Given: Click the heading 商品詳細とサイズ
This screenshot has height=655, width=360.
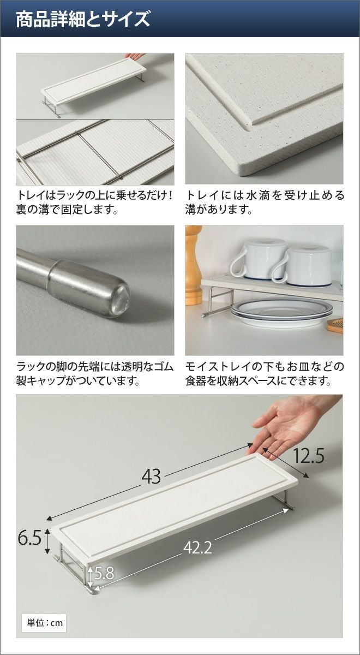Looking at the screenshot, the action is tap(83, 19).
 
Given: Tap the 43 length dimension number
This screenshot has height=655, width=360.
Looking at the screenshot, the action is tap(151, 477).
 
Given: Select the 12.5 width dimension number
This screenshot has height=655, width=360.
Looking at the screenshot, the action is tap(308, 456).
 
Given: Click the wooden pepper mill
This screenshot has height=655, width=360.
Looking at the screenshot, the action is tap(193, 265).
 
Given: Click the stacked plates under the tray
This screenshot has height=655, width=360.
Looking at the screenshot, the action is tap(282, 313).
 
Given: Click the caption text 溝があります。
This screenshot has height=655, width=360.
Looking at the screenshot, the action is tap(219, 210).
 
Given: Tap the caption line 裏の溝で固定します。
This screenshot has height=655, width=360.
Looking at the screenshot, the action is tap(67, 210).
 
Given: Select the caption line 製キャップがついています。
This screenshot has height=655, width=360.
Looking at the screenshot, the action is tap(77, 380).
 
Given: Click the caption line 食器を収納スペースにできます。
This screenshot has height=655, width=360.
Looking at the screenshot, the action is tap(259, 380).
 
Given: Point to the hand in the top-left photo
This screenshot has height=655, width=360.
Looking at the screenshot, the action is tap(134, 56).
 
